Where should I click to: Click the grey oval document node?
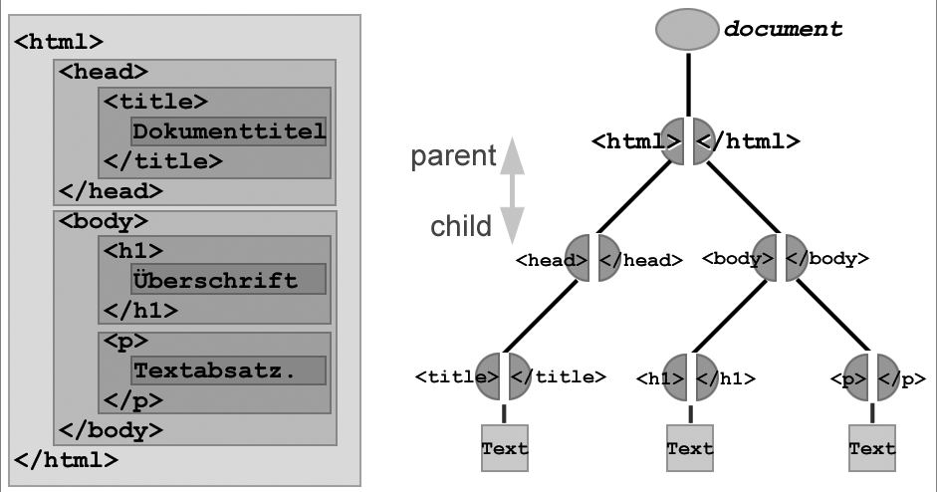coord(687,29)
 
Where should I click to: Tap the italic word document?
coord(783,29)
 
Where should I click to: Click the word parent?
coord(454,156)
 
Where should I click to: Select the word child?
coord(461,226)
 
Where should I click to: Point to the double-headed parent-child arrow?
coord(512,190)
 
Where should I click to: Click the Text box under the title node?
coord(504,448)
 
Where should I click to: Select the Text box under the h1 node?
coord(690,448)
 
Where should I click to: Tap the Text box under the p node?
coord(872,448)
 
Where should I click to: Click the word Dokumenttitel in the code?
coord(229,131)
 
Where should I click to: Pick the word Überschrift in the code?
coord(215,280)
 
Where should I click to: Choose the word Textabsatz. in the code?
coord(215,370)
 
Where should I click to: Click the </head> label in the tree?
coord(640,260)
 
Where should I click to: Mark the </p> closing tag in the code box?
coord(133,400)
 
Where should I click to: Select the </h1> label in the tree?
coord(725,377)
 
